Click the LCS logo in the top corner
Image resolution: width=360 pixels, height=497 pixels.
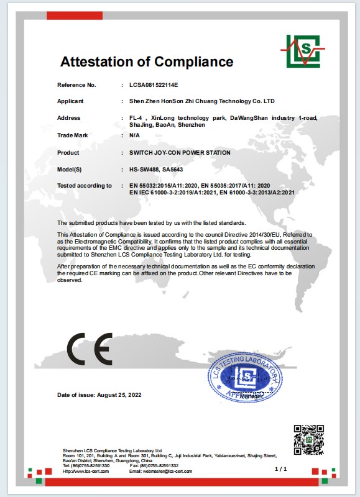[302, 51]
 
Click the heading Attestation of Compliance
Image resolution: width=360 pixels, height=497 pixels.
[147, 62]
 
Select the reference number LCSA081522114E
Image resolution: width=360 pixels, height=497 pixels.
[154, 84]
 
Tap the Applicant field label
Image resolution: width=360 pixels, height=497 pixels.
[70, 101]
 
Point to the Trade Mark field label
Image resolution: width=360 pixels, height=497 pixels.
[72, 135]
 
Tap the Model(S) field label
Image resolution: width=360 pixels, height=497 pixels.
[70, 169]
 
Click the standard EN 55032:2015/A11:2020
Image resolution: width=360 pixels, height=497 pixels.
[165, 186]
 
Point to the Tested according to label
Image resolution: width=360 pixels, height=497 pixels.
[85, 186]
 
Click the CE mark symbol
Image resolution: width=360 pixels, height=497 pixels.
[90, 349]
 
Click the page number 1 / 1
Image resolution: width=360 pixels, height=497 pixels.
[280, 468]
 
